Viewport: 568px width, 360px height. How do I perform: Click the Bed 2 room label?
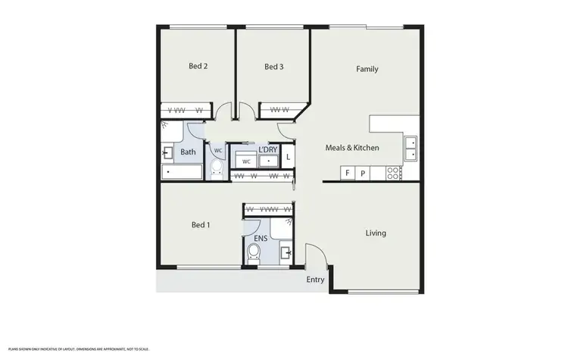point(198,66)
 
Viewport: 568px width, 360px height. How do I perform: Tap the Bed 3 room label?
point(273,67)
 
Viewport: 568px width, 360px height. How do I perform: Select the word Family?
point(367,69)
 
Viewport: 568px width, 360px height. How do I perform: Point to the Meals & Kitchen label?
point(352,148)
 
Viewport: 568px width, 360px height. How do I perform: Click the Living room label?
point(376,233)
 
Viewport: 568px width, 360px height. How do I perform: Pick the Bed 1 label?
point(201,225)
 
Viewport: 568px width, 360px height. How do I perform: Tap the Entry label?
point(315,280)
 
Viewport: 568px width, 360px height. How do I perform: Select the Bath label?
point(188,152)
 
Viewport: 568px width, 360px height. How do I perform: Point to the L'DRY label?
point(267,150)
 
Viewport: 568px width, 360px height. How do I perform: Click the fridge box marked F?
point(348,174)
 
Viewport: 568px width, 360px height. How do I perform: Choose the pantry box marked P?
point(363,174)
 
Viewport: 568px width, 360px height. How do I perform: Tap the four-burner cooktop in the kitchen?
point(393,173)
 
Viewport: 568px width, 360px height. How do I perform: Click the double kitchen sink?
point(410,148)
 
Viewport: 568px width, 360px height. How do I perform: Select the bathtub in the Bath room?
point(182,173)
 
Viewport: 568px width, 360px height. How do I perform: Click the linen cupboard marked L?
point(288,158)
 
